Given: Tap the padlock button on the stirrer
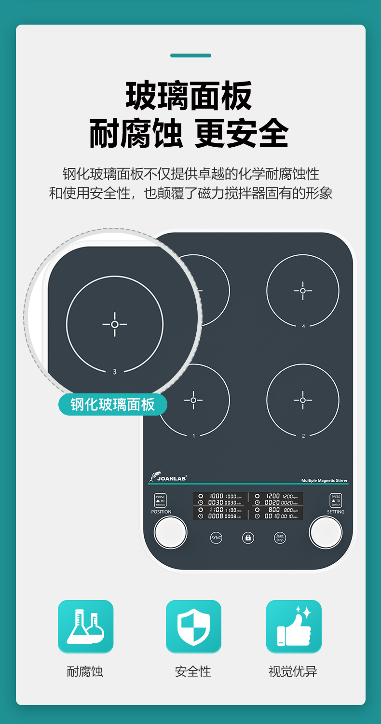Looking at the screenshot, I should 248,538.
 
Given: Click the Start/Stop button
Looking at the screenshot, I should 280,538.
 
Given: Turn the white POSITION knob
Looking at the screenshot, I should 170,532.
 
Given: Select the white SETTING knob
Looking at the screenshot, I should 326,532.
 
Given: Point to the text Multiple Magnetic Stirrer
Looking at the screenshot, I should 324,480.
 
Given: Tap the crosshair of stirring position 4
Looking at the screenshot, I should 303,291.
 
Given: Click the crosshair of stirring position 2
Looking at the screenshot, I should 303,400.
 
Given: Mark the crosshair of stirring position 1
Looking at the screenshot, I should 193,400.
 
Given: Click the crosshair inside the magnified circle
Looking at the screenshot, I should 115,324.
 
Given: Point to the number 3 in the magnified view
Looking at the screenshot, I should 114,372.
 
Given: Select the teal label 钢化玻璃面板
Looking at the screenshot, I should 113,404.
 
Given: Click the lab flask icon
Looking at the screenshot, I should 86,627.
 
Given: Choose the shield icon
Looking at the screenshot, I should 193,627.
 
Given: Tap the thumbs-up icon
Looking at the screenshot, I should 294,627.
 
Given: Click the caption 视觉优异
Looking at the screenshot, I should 293,671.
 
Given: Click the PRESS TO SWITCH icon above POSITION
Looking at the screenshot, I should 160,501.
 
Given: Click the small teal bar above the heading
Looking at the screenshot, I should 190,56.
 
